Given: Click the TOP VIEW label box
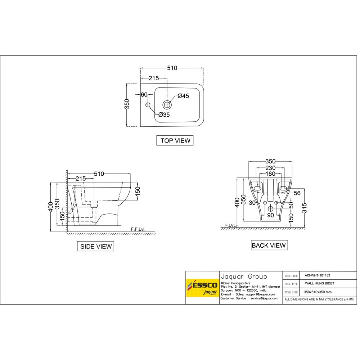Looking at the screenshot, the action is pos(175,140).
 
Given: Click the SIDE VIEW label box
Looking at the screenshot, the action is pos(95,246).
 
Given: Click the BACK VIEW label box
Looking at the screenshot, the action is pos(269,246).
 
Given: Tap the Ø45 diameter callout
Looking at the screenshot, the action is pos(183,96).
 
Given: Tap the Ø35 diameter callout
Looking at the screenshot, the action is pos(164,114).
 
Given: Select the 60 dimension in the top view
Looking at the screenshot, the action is pos(144,95).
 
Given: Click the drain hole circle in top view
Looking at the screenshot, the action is pos(167,105).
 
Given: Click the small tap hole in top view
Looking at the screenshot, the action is pos(148,105).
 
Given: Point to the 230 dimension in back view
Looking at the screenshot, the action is pos(270,168).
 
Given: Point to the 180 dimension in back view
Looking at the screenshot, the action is pos(270,174).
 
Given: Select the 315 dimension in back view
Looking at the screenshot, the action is pos(305,208).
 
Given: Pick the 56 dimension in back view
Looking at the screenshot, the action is pos(297,193).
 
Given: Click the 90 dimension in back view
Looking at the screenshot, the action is pos(270,215).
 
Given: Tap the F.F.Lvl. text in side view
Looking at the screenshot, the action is pos(138,229).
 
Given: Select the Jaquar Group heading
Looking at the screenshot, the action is pos(244,276).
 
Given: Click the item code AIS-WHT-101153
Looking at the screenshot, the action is pos(317,275).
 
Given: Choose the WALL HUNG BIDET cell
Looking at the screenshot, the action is pos(320,283).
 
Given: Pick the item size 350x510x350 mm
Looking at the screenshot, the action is pos(318,292).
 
